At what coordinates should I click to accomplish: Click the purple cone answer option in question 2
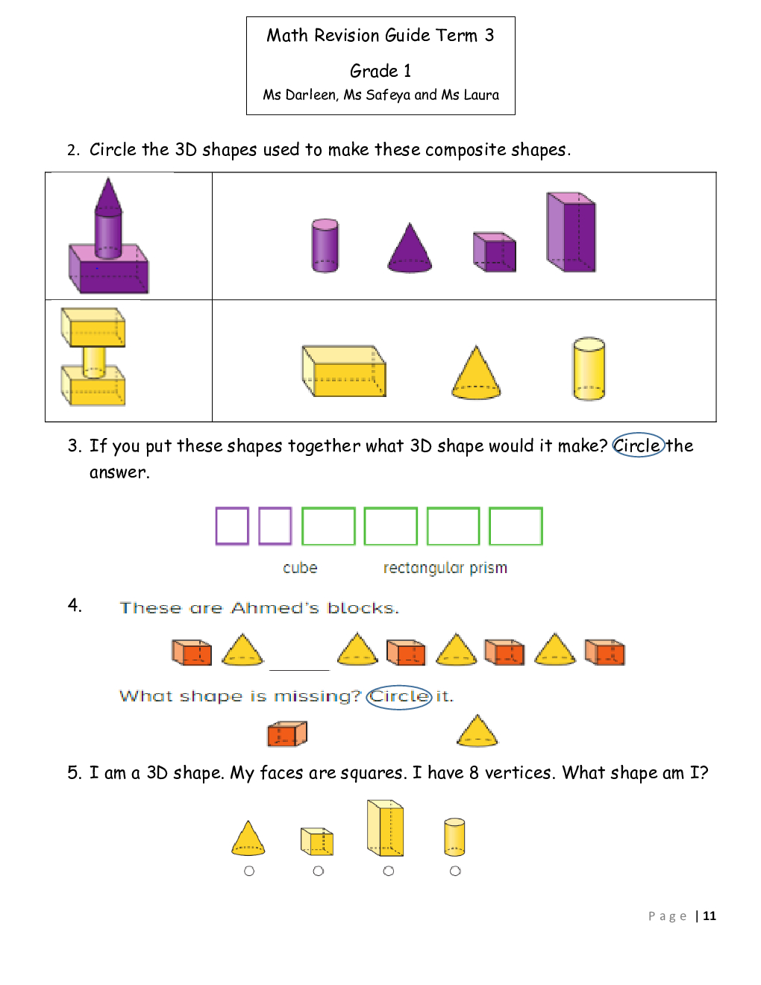pyautogui.click(x=410, y=248)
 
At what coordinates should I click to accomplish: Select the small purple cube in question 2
pyautogui.click(x=494, y=252)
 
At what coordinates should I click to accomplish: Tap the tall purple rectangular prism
pyautogui.click(x=571, y=232)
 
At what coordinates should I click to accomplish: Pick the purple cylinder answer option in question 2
pyautogui.click(x=325, y=246)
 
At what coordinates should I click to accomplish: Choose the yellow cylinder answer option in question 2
pyautogui.click(x=589, y=369)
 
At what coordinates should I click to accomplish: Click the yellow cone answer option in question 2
pyautogui.click(x=476, y=372)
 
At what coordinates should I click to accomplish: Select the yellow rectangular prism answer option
pyautogui.click(x=344, y=372)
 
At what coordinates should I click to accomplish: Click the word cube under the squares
pyautogui.click(x=300, y=568)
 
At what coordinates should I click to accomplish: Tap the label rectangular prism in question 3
pyautogui.click(x=445, y=568)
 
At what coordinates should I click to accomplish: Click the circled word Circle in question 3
pyautogui.click(x=638, y=445)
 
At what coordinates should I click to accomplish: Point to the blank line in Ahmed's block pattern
pyautogui.click(x=299, y=669)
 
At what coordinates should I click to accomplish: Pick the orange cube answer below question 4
pyautogui.click(x=287, y=733)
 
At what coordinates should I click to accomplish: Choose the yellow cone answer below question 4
pyautogui.click(x=477, y=731)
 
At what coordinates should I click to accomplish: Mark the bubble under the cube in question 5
pyautogui.click(x=318, y=871)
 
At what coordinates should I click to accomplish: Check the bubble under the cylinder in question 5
pyautogui.click(x=455, y=871)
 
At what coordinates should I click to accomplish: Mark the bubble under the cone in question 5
pyautogui.click(x=249, y=871)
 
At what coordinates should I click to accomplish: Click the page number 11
pyautogui.click(x=710, y=916)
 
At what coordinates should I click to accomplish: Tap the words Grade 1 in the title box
pyautogui.click(x=380, y=71)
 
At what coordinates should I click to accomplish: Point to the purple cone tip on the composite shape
pyautogui.click(x=108, y=178)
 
